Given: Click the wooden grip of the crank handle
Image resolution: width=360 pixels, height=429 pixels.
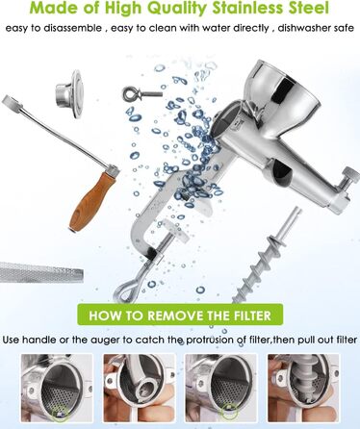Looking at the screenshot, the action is [90, 201].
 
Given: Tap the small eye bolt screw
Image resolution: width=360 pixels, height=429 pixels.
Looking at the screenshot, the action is [142, 94].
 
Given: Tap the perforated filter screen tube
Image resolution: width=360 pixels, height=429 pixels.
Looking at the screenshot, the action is [41, 272].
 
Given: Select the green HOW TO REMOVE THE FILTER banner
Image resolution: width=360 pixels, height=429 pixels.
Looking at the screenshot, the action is [180, 315].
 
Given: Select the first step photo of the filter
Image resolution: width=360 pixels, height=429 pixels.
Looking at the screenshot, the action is [57, 389].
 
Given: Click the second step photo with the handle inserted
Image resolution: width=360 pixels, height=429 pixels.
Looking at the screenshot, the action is [139, 389].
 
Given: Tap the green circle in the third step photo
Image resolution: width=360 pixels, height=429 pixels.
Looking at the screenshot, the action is [228, 412].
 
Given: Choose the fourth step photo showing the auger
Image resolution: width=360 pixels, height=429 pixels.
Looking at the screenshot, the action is [303, 389].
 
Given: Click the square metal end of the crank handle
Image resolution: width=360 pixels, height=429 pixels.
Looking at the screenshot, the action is [9, 101].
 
